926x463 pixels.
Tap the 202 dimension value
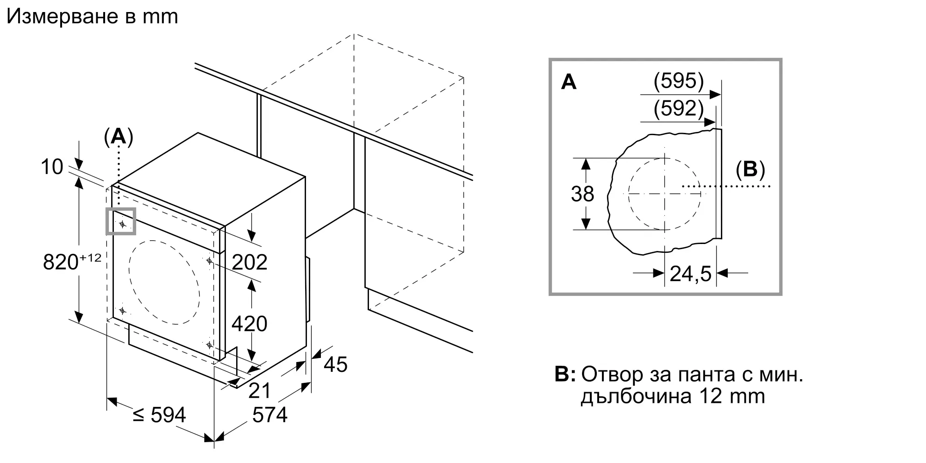(249, 262)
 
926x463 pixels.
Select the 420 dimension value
(249, 324)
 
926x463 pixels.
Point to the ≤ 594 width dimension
(159, 415)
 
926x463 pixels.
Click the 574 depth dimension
(269, 415)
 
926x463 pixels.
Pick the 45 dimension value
(335, 365)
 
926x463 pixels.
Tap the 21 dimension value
(259, 391)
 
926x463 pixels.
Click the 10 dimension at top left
(51, 167)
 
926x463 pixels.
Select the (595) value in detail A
(678, 81)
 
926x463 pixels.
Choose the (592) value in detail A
(678, 108)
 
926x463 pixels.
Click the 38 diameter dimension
(582, 194)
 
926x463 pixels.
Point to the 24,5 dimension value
(690, 274)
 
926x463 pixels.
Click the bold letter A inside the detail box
(569, 82)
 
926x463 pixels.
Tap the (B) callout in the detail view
(750, 169)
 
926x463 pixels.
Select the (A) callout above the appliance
(119, 137)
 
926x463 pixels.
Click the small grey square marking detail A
(121, 221)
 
